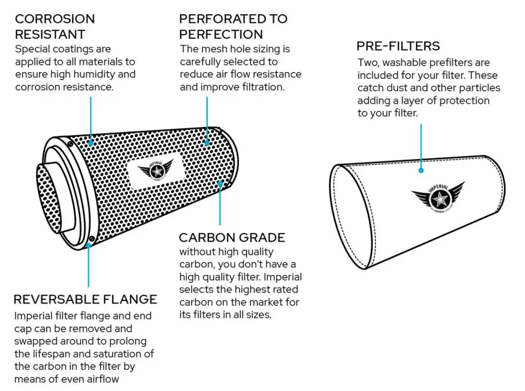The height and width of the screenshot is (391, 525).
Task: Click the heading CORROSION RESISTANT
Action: (55, 27)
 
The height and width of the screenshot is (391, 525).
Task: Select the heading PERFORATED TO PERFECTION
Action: (233, 27)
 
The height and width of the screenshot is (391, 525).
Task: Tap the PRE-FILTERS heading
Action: (398, 46)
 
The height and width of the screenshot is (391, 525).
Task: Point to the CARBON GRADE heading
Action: (232, 237)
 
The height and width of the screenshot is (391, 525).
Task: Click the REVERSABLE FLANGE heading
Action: (85, 300)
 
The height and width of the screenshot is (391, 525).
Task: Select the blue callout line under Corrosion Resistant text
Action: (91, 117)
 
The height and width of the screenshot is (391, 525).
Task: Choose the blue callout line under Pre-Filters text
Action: (421, 145)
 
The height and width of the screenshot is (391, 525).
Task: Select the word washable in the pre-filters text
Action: (405, 62)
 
